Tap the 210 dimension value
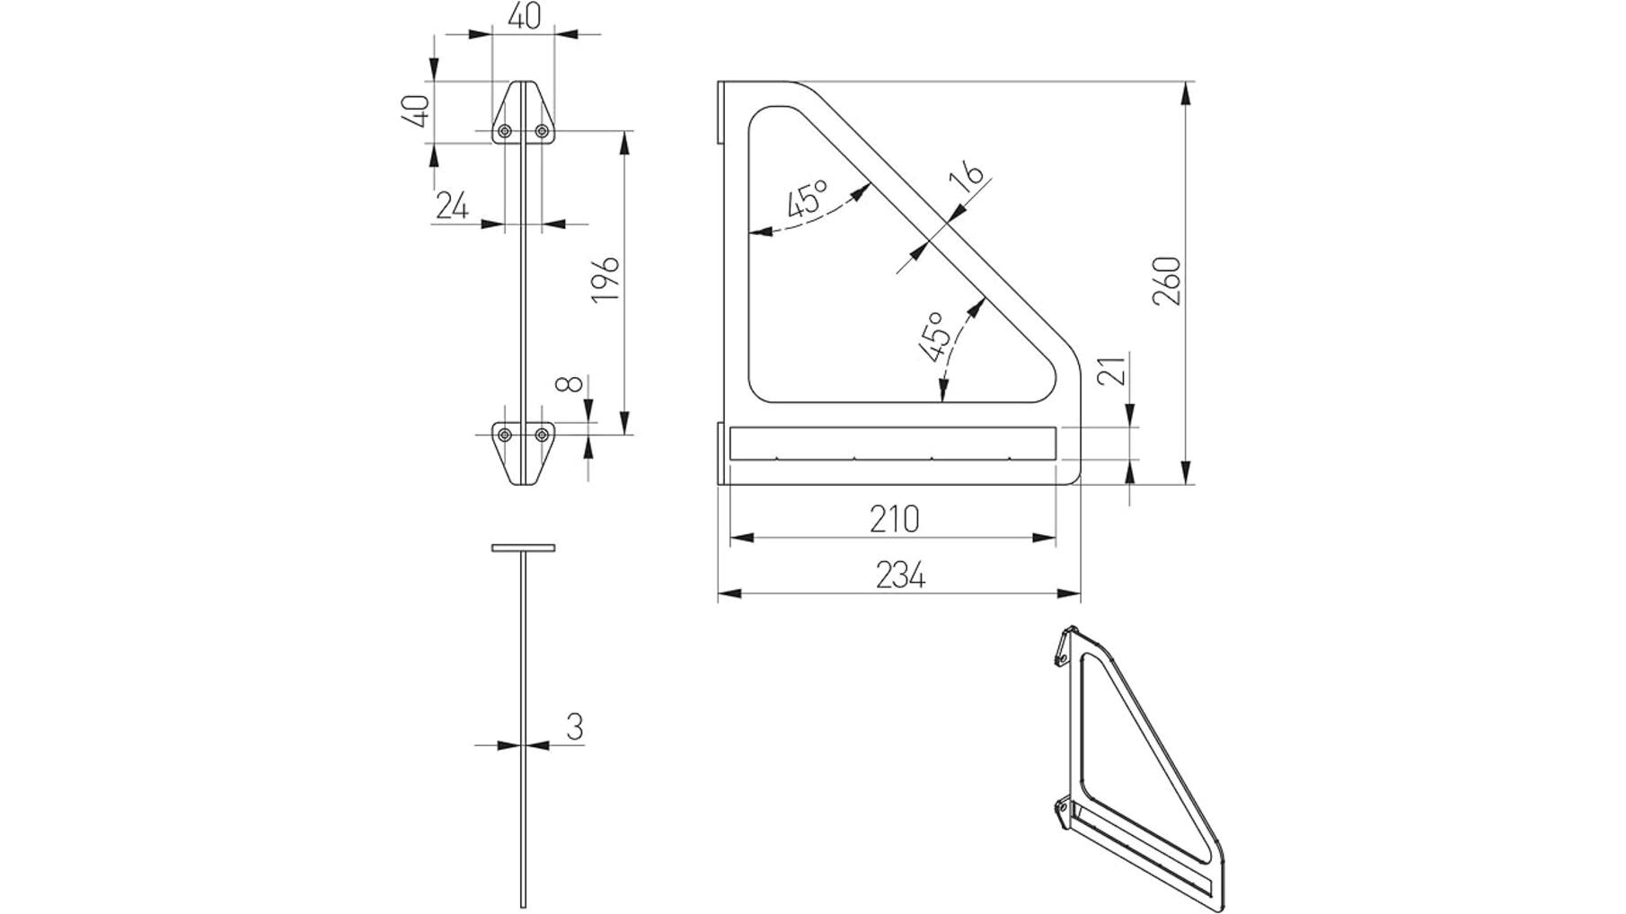click(895, 519)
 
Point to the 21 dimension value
click(1112, 369)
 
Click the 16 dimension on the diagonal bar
click(968, 177)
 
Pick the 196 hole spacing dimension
click(605, 278)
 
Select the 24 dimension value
click(452, 206)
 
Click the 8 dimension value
click(568, 384)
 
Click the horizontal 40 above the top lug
click(525, 16)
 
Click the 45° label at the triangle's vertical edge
click(808, 199)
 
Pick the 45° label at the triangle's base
click(934, 336)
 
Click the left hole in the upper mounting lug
click(505, 131)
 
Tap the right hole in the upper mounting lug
click(542, 131)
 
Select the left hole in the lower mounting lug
click(505, 435)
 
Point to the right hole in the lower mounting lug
click(542, 435)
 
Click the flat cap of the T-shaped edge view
click(523, 548)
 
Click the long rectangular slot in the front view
click(893, 444)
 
